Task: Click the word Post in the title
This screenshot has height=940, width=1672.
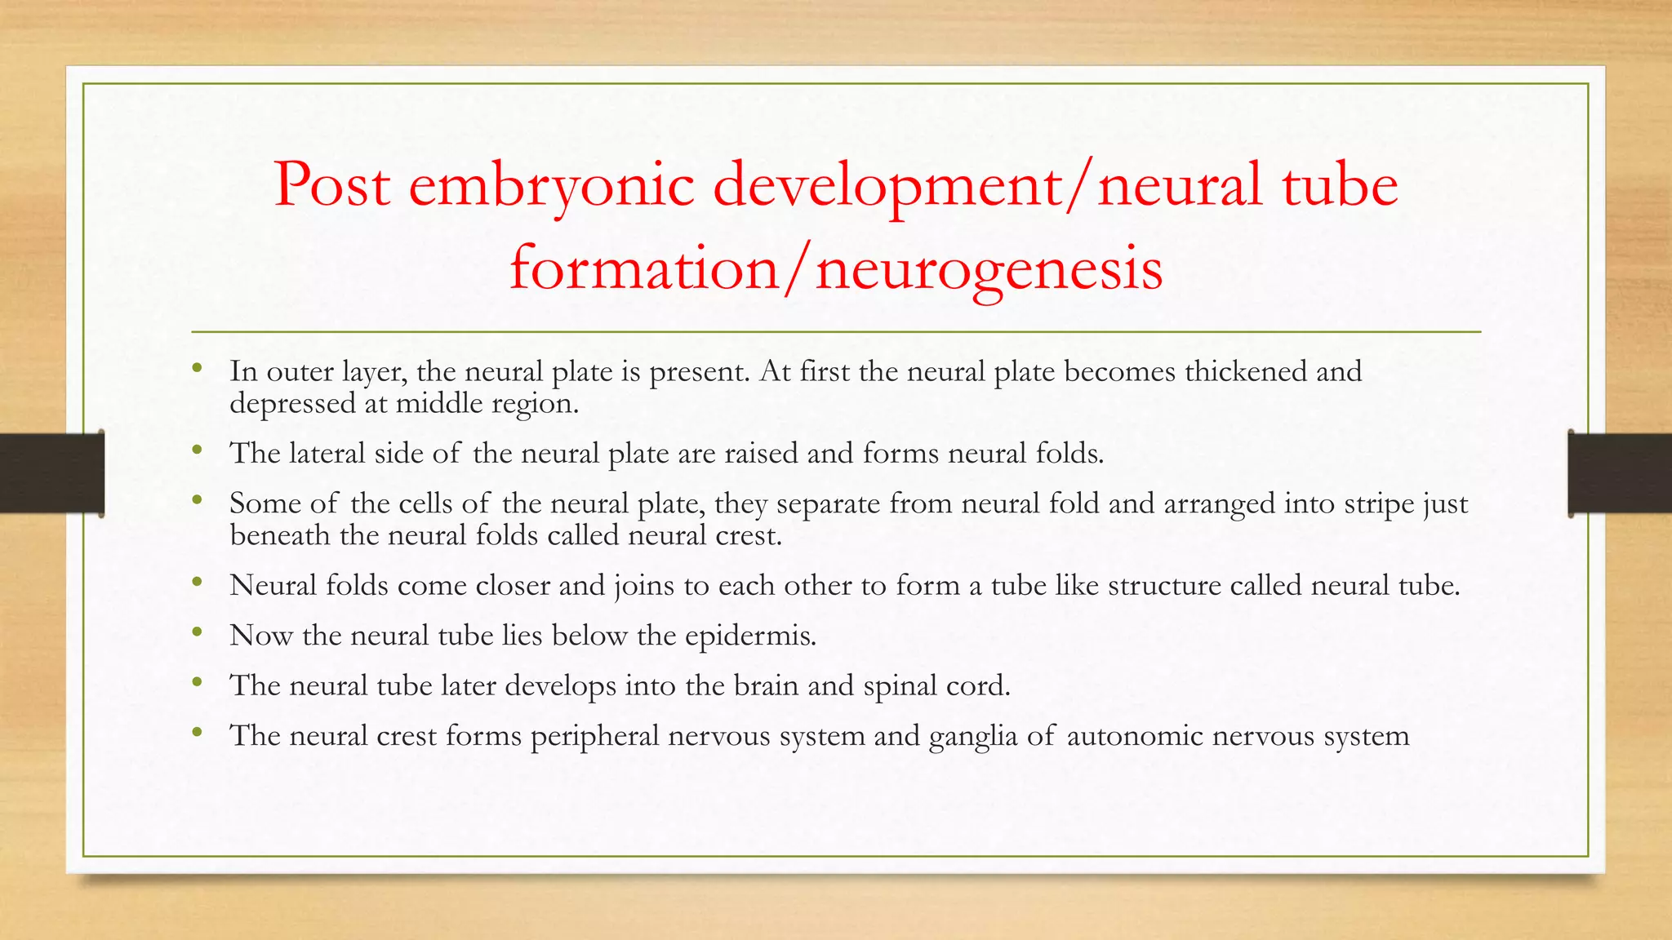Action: (x=331, y=186)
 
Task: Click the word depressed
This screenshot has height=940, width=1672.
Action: (x=291, y=404)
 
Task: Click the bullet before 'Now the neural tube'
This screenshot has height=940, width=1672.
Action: (x=197, y=632)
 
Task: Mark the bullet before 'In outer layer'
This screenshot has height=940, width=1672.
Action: (x=197, y=368)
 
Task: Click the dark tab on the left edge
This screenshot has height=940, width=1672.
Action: (x=51, y=473)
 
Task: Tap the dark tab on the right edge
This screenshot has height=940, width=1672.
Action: (x=1620, y=473)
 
